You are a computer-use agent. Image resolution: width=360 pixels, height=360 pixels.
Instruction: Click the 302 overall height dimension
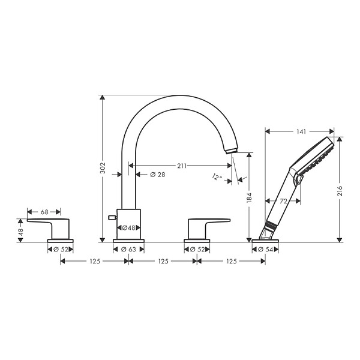click(x=103, y=168)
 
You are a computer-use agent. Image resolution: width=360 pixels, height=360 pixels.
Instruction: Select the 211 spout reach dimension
click(x=182, y=166)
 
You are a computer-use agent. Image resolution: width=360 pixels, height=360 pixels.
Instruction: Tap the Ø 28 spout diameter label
click(x=157, y=175)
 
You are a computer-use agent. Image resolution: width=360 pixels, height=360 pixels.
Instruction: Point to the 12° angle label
click(x=217, y=177)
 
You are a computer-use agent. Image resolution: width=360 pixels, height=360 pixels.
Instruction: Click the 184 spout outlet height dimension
click(x=250, y=198)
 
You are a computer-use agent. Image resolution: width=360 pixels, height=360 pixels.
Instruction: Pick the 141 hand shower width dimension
click(x=301, y=131)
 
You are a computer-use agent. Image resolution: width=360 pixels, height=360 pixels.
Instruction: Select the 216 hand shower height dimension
click(x=340, y=191)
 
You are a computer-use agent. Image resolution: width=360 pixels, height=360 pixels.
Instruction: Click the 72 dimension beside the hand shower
click(x=284, y=201)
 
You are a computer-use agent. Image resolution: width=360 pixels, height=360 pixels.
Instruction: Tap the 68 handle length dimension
click(x=44, y=212)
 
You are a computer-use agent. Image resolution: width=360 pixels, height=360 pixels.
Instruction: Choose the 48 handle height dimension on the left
click(x=20, y=232)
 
